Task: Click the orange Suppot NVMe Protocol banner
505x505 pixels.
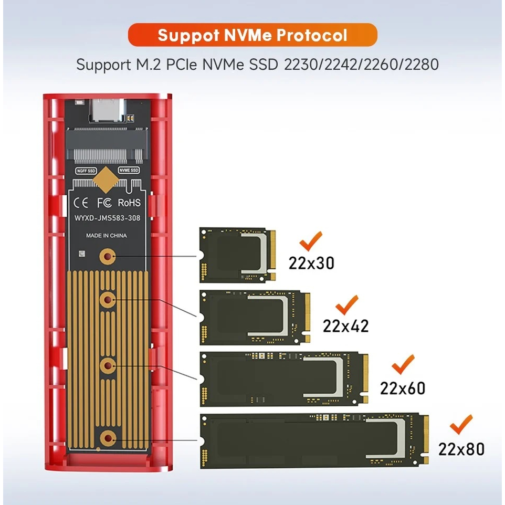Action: (252, 35)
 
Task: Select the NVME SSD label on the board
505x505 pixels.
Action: (129, 170)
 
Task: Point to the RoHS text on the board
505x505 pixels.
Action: (129, 203)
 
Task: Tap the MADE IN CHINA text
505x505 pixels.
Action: (107, 236)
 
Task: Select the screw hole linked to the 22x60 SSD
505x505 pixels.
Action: (108, 364)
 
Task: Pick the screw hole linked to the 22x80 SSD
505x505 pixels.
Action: (108, 437)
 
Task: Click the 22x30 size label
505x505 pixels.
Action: (311, 263)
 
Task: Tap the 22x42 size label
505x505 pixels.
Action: (346, 326)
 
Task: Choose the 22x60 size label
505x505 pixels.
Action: (403, 388)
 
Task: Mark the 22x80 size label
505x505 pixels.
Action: (461, 449)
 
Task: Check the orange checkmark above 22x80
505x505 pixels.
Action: (461, 426)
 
